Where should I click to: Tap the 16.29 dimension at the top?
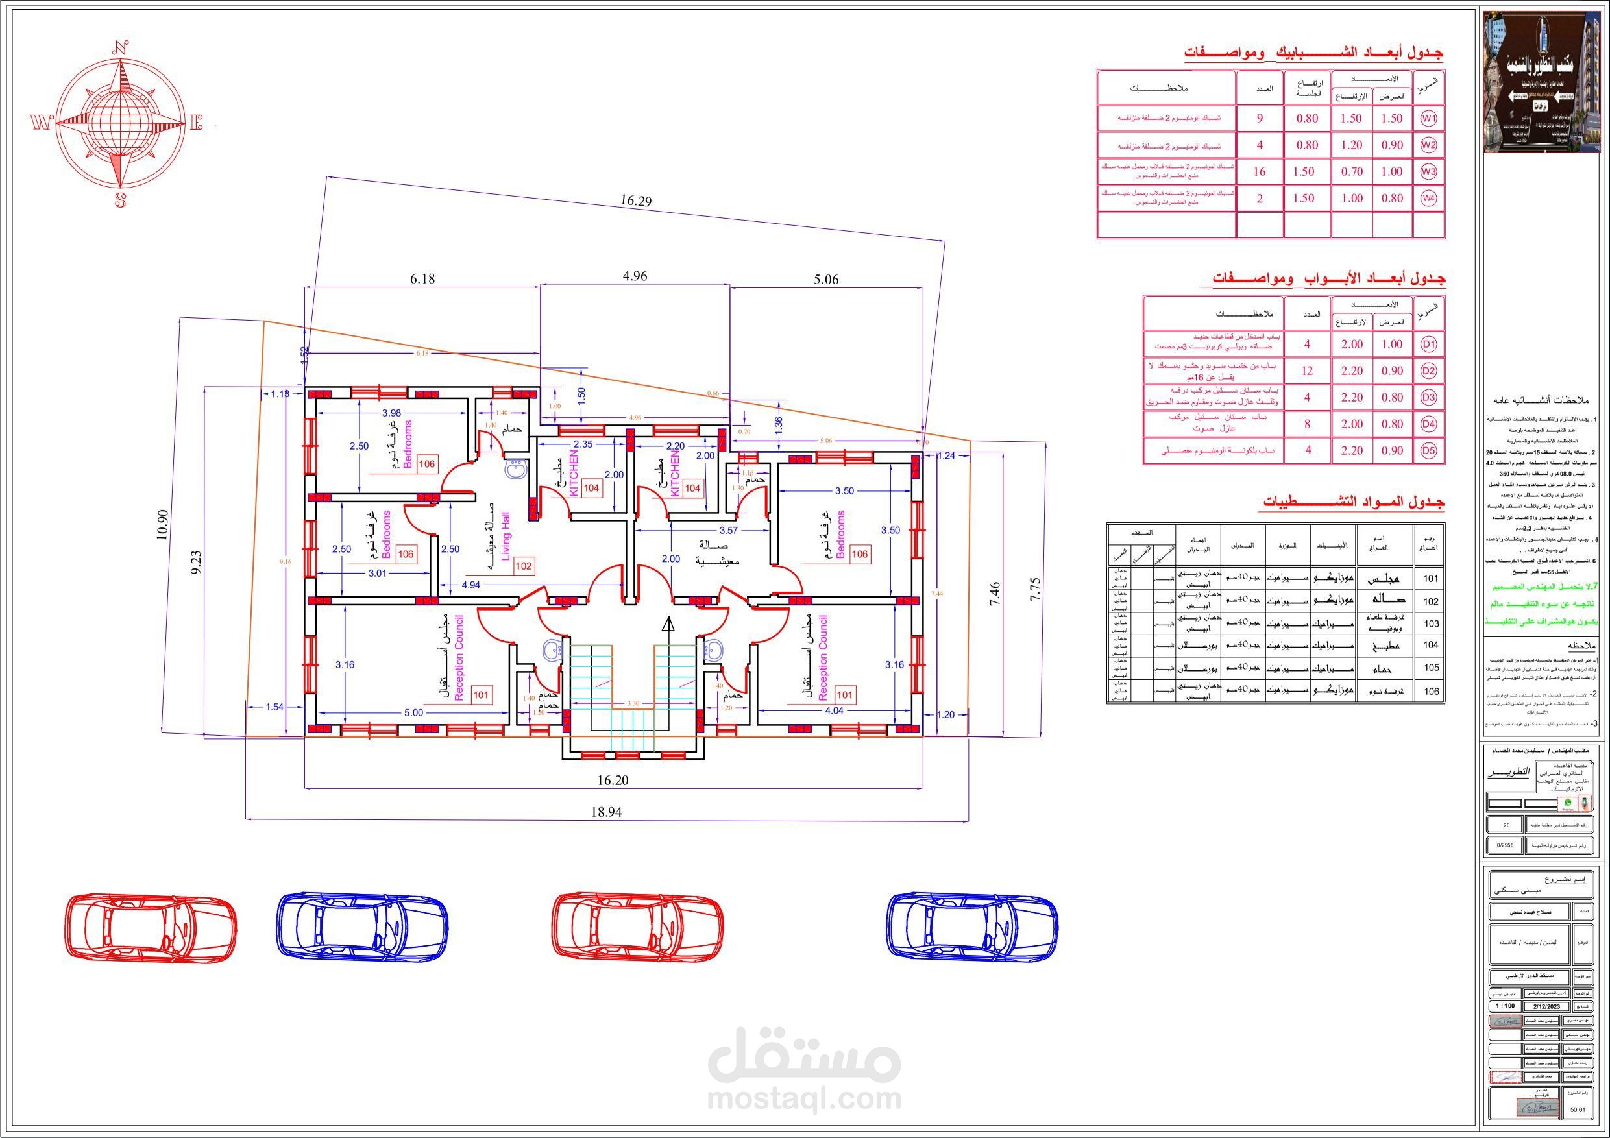pos(635,200)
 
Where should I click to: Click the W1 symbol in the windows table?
pos(1428,119)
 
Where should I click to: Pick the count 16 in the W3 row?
pos(1260,172)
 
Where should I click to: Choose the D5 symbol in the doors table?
pos(1429,451)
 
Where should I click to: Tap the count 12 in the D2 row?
pos(1307,371)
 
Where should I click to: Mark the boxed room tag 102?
pos(523,566)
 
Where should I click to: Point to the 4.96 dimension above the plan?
pos(635,276)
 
